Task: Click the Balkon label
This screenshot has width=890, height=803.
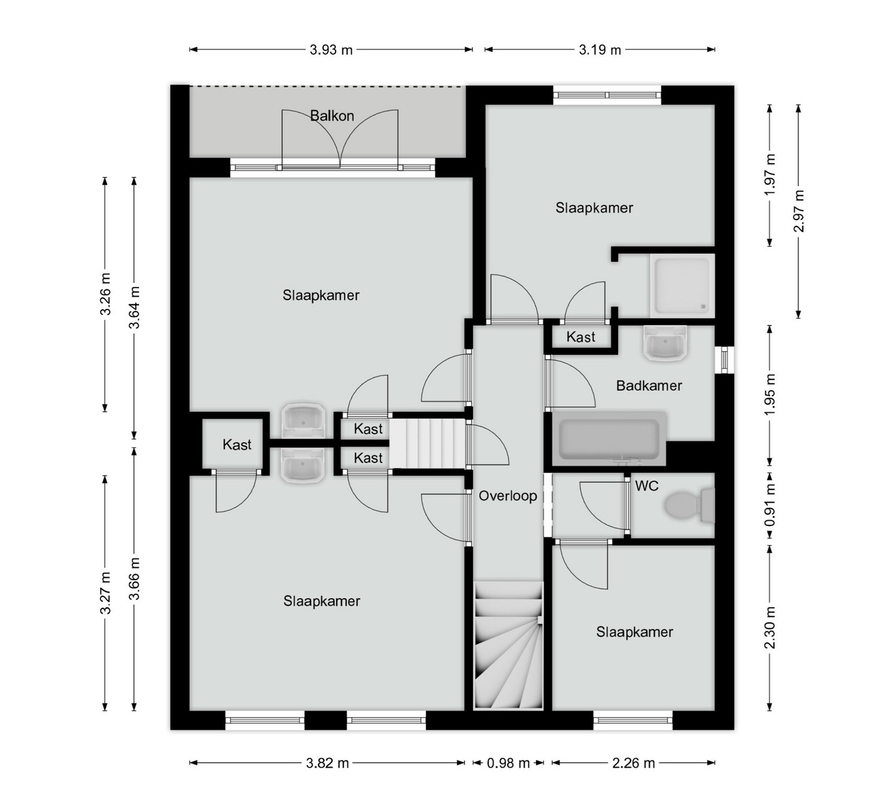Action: coord(332,116)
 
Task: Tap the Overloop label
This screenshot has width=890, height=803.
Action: coord(507,496)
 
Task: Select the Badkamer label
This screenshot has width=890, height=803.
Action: coord(649,385)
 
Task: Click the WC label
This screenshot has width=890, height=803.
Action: coord(646,486)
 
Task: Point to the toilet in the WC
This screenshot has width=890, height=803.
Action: coord(689,505)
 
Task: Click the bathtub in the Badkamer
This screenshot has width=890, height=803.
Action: coord(609,439)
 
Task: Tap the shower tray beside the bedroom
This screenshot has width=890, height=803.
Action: coord(682,286)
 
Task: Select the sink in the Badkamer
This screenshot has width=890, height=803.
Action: coord(665,343)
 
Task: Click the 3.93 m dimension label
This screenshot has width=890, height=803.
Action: coord(331,50)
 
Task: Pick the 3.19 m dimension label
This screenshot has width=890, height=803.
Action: coord(600,50)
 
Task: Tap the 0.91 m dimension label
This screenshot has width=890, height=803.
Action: coord(770,505)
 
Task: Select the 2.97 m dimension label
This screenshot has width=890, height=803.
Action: coord(799,211)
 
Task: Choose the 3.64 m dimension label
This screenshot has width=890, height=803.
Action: coord(134,308)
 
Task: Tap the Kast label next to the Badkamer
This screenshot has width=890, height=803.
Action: coord(581,337)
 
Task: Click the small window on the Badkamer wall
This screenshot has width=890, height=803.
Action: coord(724,359)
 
